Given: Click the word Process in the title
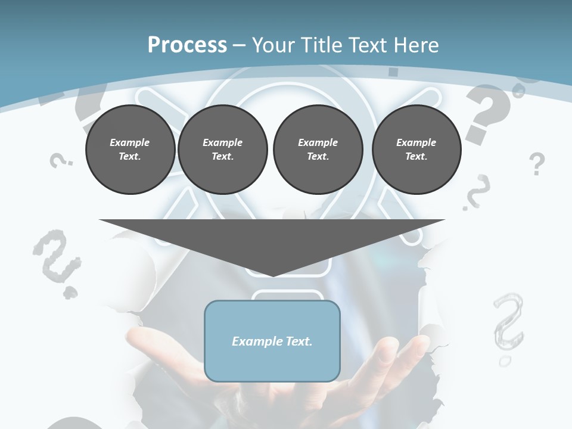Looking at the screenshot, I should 187,45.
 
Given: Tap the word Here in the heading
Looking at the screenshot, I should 415,45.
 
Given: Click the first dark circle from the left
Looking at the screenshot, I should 130,150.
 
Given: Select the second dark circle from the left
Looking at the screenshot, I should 222,150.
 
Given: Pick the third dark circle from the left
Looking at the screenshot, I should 318,150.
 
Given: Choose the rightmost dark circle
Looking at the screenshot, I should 416,150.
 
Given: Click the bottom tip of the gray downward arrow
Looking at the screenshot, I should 272,275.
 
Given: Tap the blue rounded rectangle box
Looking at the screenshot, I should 272,363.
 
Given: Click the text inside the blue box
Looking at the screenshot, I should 272,341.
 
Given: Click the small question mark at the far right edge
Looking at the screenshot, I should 537,163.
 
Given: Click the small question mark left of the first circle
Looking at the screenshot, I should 59,160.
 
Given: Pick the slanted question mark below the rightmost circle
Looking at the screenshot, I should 477,192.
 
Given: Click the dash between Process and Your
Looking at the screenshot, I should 240,45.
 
